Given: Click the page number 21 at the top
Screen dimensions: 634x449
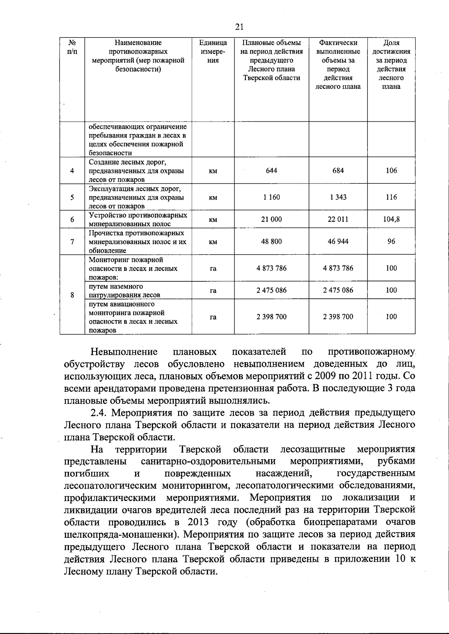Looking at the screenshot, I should (x=239, y=27).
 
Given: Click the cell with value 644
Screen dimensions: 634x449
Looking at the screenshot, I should (x=271, y=171).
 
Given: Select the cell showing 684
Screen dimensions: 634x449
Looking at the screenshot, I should (x=338, y=171).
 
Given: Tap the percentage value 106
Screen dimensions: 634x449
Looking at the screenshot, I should (x=391, y=171).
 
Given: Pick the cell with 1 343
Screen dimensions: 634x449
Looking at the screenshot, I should (x=338, y=197).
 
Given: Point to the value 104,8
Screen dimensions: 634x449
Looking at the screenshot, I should (x=391, y=219).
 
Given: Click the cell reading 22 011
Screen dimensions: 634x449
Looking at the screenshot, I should (x=338, y=219).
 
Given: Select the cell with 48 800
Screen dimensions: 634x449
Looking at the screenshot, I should (x=271, y=242).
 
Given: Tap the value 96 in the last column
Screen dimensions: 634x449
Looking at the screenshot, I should (x=391, y=242).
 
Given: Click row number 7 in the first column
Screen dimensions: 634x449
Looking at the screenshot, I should (x=72, y=242).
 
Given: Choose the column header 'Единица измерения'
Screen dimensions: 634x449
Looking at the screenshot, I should (x=213, y=51).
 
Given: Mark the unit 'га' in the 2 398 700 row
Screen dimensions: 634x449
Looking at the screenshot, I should (x=213, y=317).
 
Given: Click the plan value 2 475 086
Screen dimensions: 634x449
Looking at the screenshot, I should (x=271, y=290).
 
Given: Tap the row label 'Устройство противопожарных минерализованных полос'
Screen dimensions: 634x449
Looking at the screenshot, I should (x=138, y=219).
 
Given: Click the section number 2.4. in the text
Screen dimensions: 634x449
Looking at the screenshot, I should (x=99, y=413).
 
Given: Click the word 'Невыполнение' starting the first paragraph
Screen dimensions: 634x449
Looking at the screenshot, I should (x=124, y=352).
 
